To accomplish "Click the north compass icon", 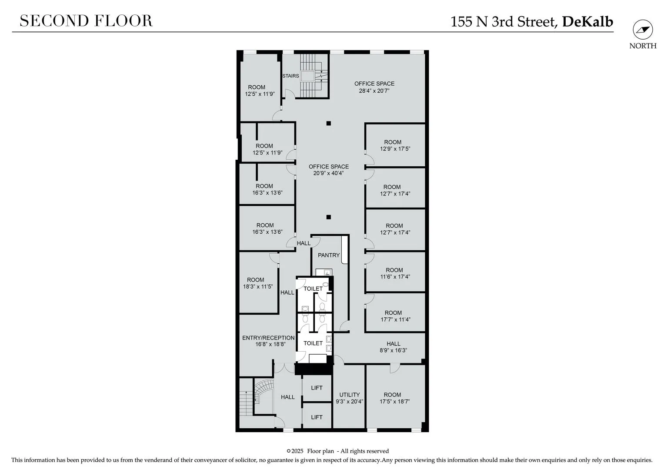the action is [643, 30].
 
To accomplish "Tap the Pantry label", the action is [328, 255].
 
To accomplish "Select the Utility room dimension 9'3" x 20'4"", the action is [349, 402].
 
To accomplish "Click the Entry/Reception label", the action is [268, 338].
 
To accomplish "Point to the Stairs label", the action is [290, 76].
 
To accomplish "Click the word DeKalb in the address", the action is [587, 22].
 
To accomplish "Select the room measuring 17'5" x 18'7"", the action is [395, 398].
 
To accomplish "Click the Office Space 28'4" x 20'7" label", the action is [374, 87].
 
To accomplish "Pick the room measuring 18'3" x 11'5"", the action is [258, 283].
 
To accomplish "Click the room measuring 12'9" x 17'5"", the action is [395, 145].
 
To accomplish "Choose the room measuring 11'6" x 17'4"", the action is [395, 273].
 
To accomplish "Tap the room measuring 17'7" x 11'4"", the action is [395, 316].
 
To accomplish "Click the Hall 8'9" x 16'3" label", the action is [394, 347].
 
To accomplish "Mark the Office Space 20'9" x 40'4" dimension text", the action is [328, 173].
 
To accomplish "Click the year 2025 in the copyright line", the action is [297, 451].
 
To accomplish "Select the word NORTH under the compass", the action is [643, 46].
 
